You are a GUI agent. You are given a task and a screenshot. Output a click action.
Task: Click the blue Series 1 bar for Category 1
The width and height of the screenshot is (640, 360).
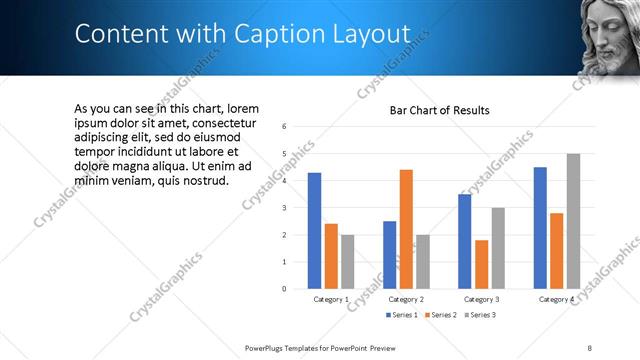314,230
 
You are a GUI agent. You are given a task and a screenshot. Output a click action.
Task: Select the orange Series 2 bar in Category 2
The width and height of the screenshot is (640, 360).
406,228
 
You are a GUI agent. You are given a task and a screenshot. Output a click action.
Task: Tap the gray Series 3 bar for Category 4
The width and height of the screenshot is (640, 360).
573,221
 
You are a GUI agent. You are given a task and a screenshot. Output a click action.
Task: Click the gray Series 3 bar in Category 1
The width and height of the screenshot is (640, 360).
347,261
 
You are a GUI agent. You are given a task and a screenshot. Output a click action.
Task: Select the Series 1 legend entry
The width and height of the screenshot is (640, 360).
403,315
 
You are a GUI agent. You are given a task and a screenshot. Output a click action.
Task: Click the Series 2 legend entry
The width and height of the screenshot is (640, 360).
441,315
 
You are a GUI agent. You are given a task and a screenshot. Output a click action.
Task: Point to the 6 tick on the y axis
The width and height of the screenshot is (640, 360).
285,127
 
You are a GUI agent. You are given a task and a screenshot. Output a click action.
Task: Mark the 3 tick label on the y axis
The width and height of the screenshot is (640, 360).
285,208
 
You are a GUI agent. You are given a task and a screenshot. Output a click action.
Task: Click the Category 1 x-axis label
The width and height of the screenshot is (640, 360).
331,299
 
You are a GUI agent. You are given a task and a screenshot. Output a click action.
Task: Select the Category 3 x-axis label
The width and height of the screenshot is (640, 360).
482,299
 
